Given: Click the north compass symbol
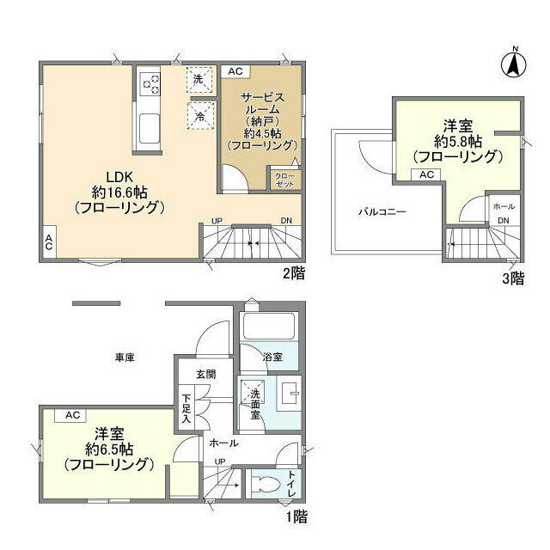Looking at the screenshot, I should [513, 62].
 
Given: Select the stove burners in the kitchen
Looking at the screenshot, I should [150, 83].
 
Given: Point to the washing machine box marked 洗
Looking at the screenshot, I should [199, 79].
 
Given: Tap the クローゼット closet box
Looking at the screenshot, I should [284, 179].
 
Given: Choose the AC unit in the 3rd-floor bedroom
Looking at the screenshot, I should [425, 174].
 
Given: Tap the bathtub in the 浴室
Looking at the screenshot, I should [268, 327].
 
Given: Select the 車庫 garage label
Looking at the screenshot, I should [125, 356].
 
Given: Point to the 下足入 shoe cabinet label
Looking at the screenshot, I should [186, 408].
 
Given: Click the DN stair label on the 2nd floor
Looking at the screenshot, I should [285, 222].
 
